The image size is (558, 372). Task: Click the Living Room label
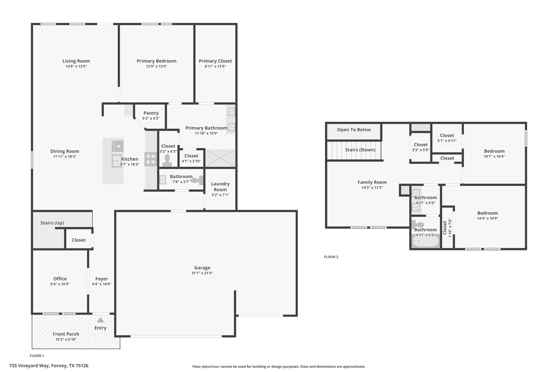click(x=76, y=61)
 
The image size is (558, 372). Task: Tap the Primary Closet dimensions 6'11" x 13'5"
click(x=215, y=66)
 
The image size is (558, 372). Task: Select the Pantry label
click(x=151, y=113)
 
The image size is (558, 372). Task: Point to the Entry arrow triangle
click(x=101, y=320)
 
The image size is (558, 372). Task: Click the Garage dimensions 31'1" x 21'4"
click(x=202, y=273)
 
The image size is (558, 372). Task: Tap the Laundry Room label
click(x=220, y=187)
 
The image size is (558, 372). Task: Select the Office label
click(x=60, y=279)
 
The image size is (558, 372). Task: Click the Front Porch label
click(x=66, y=334)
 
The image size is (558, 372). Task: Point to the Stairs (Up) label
click(x=52, y=223)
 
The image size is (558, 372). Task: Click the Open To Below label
click(x=354, y=130)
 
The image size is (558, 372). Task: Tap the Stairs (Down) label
click(x=360, y=150)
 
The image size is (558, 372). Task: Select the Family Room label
click(x=372, y=182)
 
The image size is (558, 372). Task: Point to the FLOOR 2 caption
click(x=331, y=257)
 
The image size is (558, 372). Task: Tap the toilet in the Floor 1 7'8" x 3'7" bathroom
click(x=197, y=180)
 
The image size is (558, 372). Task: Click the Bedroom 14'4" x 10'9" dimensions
click(x=487, y=218)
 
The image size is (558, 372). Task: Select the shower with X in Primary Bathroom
click(x=220, y=158)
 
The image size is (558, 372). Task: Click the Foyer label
click(x=102, y=279)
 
